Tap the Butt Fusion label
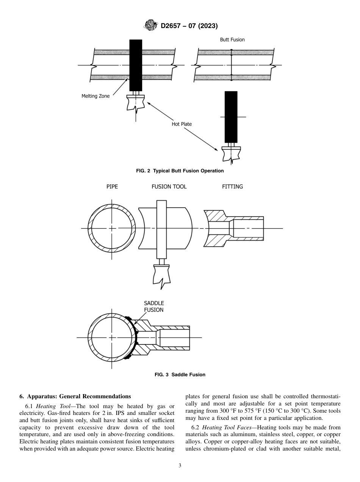click(x=232, y=40)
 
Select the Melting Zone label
click(x=95, y=96)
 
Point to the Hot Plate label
click(x=182, y=124)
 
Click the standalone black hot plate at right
click(x=231, y=117)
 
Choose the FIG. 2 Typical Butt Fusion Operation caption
click(x=180, y=171)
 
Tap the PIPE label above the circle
click(x=112, y=187)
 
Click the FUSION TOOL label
click(x=169, y=187)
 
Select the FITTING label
click(x=232, y=187)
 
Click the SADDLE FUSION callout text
click(x=154, y=307)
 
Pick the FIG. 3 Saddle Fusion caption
click(x=180, y=375)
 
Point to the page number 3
click(x=180, y=466)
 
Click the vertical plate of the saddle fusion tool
click(x=161, y=229)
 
